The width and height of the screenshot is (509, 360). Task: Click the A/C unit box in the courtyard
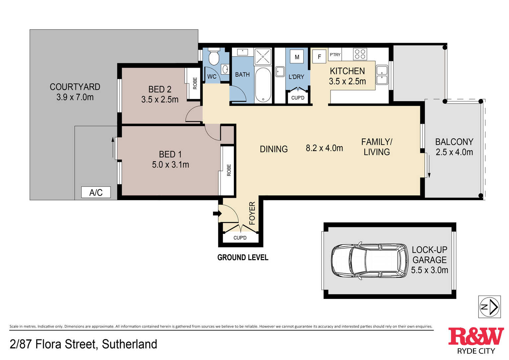[x=96, y=192]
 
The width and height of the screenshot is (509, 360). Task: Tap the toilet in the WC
[x=214, y=56]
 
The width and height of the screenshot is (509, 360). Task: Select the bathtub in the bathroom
[x=263, y=85]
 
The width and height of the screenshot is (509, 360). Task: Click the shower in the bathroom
[x=263, y=56]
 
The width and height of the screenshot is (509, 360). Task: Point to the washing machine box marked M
[x=297, y=57]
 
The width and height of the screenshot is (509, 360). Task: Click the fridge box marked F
[x=319, y=56]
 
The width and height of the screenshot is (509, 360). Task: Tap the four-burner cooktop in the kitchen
[x=360, y=54]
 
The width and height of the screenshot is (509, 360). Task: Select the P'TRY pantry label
[x=335, y=54]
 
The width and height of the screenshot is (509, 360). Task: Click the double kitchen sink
[x=382, y=75]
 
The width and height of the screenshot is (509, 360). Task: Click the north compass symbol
[x=489, y=307]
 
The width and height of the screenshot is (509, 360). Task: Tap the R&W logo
[x=476, y=340]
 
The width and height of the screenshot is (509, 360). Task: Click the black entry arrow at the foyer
[x=217, y=213]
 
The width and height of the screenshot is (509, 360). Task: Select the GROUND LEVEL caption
[x=243, y=257]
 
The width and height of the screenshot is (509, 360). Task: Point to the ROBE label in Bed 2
[x=195, y=83]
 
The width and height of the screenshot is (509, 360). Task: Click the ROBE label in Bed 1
[x=229, y=170]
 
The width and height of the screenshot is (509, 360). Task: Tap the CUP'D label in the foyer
[x=240, y=238]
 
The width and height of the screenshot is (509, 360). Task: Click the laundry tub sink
[x=280, y=72]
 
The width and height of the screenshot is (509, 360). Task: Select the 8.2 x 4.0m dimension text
[x=324, y=148]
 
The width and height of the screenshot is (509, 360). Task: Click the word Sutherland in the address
[x=129, y=344]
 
